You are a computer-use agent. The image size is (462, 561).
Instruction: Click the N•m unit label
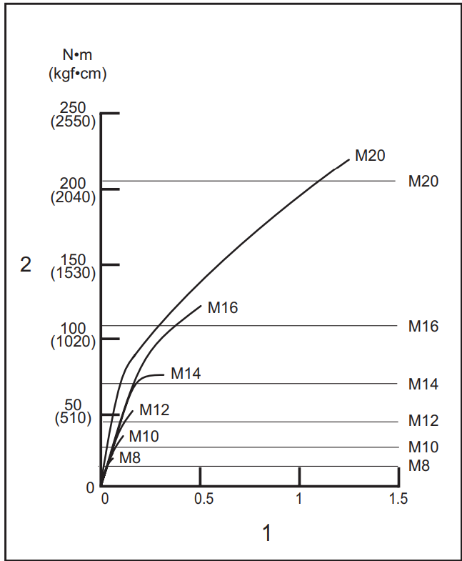coord(77,56)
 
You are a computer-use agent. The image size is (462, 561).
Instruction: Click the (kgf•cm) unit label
coord(77,73)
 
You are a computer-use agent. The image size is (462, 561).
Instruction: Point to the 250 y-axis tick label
coord(74,108)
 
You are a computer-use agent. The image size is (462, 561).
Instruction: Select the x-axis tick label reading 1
coord(299,499)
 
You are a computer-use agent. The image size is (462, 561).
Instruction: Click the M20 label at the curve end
coord(370,156)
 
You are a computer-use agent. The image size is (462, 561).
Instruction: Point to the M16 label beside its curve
coord(223,308)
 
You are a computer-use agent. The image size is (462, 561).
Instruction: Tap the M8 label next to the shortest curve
coord(129,458)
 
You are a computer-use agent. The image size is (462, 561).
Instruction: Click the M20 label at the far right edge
coord(423,182)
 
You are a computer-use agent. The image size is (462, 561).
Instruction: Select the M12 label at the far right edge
coord(423,421)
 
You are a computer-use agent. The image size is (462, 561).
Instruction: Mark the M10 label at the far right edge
coord(423,447)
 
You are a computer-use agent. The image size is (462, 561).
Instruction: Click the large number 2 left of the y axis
coord(26,265)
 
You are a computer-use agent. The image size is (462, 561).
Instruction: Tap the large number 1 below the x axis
coord(268,533)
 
